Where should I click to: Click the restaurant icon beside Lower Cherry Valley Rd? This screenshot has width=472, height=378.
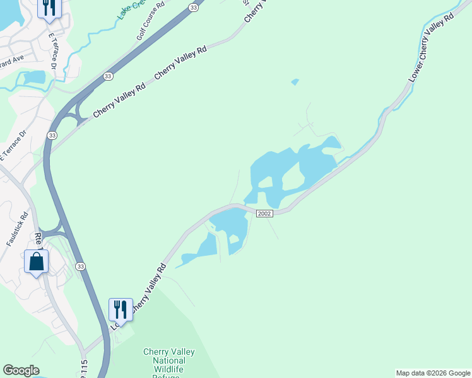121,309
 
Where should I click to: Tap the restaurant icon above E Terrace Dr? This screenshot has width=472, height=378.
49,8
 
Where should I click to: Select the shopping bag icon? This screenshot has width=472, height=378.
36,260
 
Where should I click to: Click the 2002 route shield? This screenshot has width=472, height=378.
264,214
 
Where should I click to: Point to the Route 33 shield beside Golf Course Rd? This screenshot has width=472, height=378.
194,8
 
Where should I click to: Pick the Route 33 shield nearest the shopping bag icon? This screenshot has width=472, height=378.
80,266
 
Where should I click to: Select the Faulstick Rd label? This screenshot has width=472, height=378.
18,228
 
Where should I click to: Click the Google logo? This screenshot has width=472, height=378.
21,370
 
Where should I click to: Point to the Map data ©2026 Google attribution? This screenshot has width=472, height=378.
433,373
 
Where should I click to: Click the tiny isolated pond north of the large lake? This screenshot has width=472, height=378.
295,82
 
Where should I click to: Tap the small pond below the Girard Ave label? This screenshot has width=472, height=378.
33,77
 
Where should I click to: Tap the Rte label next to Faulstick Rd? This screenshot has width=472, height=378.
38,239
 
